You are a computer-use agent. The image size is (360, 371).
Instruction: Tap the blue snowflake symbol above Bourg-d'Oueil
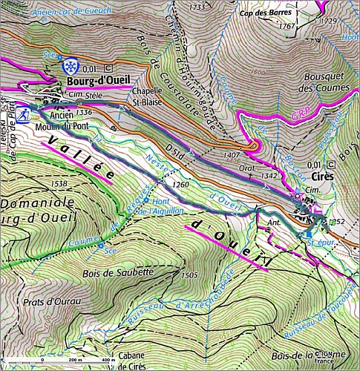point(71,65)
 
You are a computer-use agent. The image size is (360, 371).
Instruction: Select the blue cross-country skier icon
point(24,114)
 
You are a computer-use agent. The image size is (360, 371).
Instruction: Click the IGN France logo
point(324,357)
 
